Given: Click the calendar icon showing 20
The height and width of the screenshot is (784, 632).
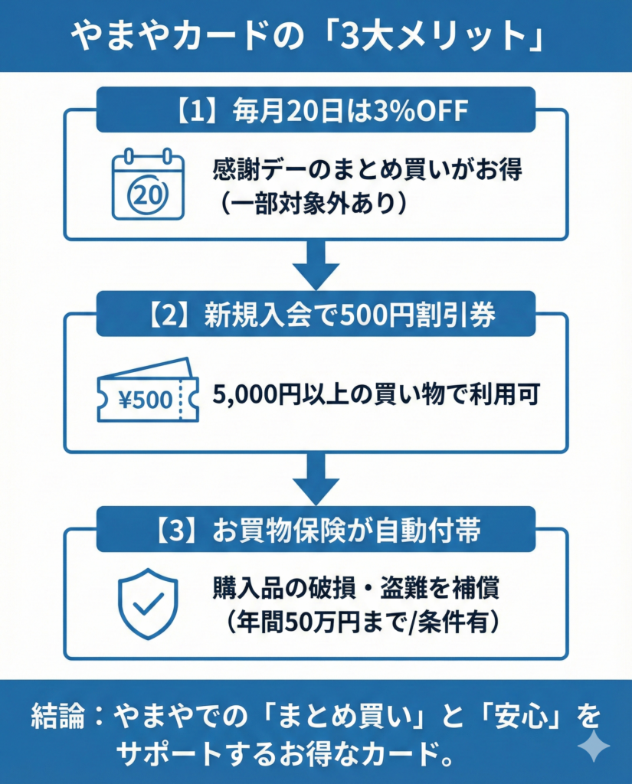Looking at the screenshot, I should pos(148,184).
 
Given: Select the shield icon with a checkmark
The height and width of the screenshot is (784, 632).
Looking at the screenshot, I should pos(148,603).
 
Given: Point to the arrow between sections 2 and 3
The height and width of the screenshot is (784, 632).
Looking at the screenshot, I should pos(316,479).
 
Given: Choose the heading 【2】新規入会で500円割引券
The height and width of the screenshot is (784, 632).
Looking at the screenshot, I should pos(316,315).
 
